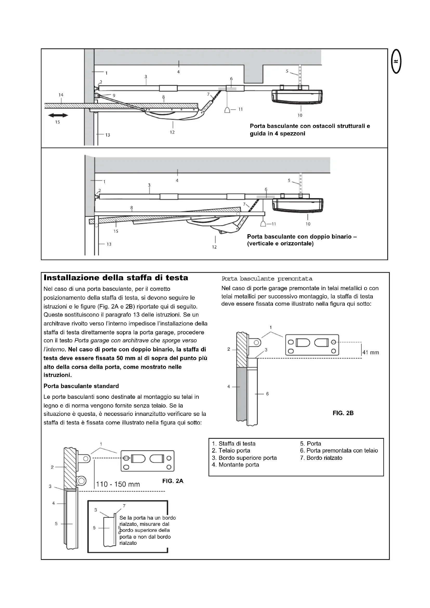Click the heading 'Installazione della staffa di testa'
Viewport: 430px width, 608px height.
click(116, 278)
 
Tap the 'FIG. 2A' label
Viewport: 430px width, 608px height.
click(173, 481)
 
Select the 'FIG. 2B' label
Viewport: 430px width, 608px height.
click(343, 413)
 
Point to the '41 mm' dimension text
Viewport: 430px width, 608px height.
click(371, 352)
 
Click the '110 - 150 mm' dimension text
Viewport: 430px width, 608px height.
click(118, 484)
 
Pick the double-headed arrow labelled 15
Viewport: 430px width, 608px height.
click(58, 115)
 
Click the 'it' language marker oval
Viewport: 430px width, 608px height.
click(396, 61)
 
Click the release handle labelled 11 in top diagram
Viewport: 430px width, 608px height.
click(227, 110)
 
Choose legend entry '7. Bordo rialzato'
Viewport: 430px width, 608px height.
click(321, 458)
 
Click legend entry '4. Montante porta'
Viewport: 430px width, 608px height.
click(235, 465)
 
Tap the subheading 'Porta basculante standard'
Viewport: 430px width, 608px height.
click(81, 386)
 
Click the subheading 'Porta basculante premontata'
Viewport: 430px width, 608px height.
click(267, 279)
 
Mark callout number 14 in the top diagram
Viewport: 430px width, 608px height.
click(61, 95)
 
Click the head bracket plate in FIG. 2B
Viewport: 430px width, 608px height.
click(312, 344)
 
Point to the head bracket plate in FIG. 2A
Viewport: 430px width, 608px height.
click(147, 461)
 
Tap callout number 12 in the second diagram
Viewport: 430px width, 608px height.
click(214, 247)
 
